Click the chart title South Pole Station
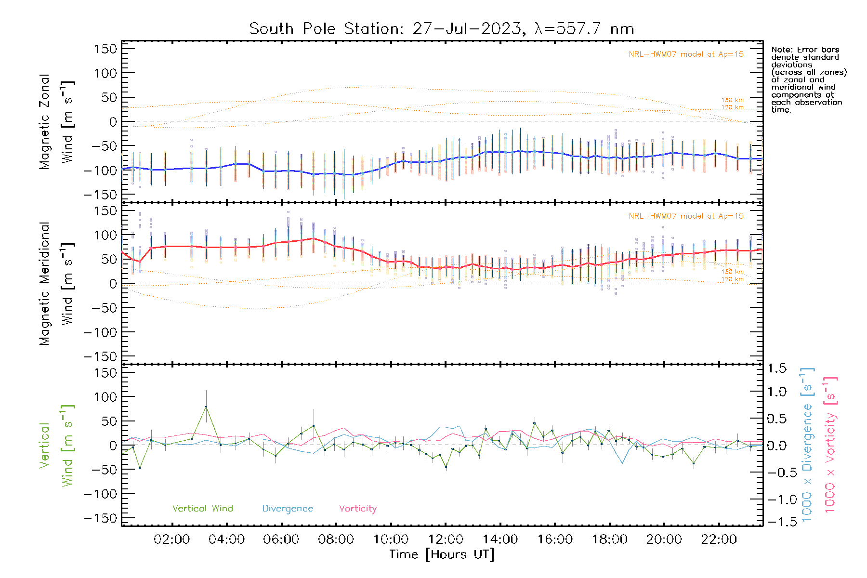(x=441, y=29)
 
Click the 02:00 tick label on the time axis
(x=171, y=539)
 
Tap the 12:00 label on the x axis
(x=446, y=539)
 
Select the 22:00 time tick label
(x=719, y=539)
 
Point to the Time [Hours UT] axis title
(x=442, y=554)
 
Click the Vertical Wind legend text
(x=202, y=508)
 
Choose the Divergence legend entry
(x=288, y=508)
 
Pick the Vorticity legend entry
(x=357, y=508)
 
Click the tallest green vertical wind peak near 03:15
(x=206, y=407)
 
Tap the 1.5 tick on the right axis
(x=777, y=368)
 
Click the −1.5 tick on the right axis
(x=777, y=522)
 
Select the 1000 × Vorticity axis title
(x=830, y=445)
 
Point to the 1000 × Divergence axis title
(x=807, y=445)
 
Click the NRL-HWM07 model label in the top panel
(x=686, y=54)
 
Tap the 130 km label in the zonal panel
(x=732, y=100)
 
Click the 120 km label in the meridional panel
(x=732, y=279)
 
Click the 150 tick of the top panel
(x=105, y=49)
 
